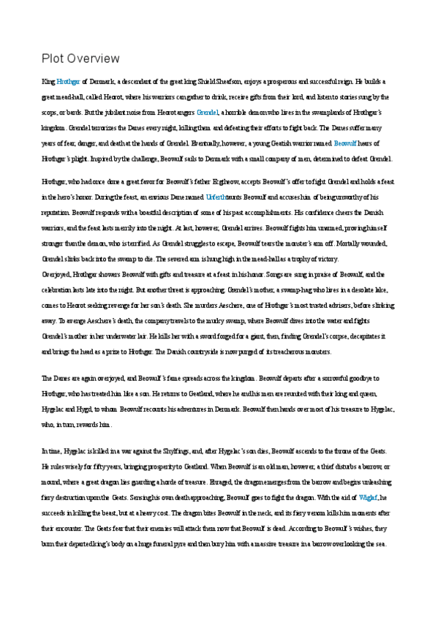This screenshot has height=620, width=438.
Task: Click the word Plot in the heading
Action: (x=53, y=58)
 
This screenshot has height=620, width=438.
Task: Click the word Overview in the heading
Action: (x=92, y=58)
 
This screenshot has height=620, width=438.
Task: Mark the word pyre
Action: (x=186, y=544)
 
